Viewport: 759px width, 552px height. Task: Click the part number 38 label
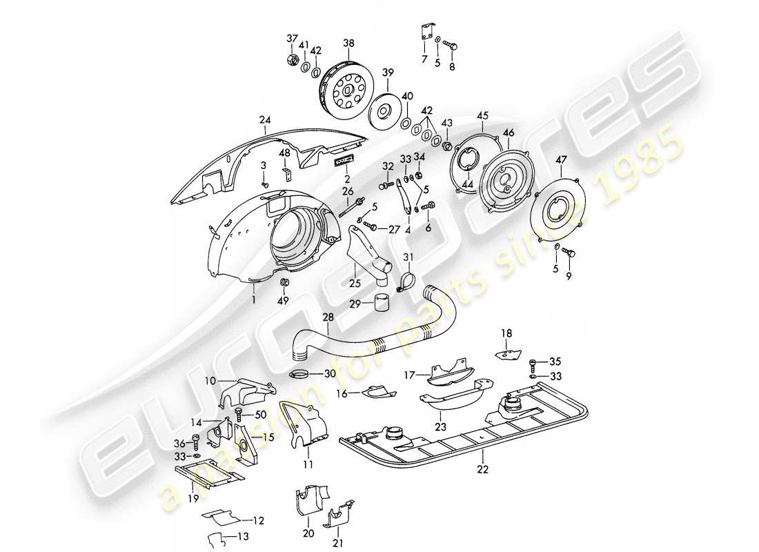[348, 43]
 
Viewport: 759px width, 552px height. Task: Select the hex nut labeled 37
[291, 60]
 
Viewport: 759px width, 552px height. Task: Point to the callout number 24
[264, 119]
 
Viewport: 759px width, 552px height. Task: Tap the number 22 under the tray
[483, 470]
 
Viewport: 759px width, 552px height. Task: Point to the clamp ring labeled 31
[407, 281]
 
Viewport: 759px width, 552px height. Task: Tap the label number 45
[482, 115]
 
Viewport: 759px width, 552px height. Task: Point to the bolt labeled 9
[570, 253]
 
